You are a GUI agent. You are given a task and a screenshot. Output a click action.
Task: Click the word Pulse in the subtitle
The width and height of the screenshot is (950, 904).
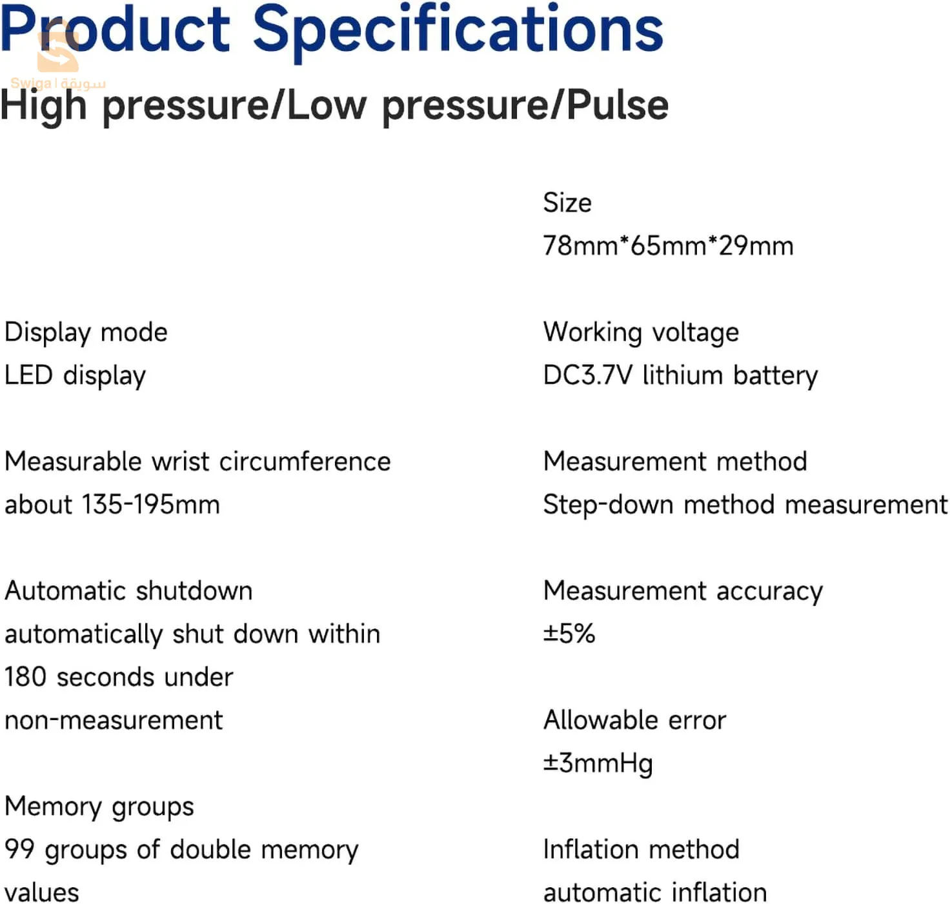(x=617, y=105)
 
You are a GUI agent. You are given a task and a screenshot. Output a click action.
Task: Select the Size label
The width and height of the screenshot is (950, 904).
(x=567, y=202)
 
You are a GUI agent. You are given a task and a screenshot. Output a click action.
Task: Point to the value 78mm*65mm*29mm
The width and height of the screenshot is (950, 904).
(x=668, y=245)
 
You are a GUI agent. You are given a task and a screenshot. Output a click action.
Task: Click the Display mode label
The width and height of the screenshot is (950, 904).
(x=86, y=333)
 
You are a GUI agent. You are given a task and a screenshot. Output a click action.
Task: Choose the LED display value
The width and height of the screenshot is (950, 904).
(x=75, y=376)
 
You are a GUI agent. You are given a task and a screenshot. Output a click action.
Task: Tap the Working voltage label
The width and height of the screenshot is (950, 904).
(x=641, y=333)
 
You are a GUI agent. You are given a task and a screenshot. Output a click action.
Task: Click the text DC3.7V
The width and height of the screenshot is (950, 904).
(x=587, y=375)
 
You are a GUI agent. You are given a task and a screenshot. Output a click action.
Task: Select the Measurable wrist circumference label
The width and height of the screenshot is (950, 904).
(x=197, y=461)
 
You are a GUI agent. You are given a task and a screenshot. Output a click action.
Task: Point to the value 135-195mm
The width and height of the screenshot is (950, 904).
(x=151, y=505)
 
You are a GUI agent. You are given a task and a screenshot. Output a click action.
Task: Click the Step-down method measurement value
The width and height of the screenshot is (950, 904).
(x=745, y=505)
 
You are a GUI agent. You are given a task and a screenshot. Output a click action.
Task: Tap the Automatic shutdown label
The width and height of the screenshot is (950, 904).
(x=128, y=590)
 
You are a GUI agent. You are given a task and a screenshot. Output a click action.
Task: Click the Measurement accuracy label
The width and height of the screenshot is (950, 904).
(x=683, y=592)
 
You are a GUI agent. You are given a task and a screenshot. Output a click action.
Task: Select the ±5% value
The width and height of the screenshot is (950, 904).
(x=569, y=634)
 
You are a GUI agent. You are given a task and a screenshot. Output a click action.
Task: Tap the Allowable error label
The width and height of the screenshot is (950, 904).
(x=634, y=720)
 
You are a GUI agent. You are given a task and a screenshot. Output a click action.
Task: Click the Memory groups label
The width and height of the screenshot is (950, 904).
(x=99, y=807)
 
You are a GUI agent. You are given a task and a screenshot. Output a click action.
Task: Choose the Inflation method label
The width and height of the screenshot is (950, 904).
(x=642, y=849)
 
